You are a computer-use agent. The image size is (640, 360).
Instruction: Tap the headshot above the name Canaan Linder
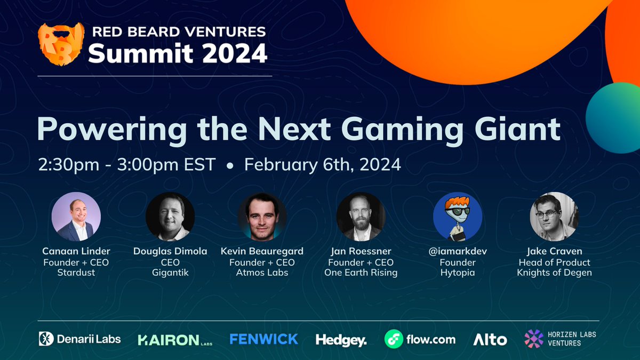pyautogui.click(x=76, y=217)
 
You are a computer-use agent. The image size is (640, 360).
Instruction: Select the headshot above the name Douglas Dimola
pyautogui.click(x=170, y=217)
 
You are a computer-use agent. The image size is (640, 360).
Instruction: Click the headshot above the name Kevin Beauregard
pyautogui.click(x=262, y=217)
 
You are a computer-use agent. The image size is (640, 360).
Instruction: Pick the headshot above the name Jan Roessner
pyautogui.click(x=361, y=217)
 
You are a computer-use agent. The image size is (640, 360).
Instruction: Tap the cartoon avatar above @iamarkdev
pyautogui.click(x=458, y=217)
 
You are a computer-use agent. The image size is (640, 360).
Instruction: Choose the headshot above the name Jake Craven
pyautogui.click(x=554, y=217)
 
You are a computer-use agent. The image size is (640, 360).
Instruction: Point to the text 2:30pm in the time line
pyautogui.click(x=68, y=164)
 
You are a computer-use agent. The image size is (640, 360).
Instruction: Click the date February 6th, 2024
pyautogui.click(x=323, y=164)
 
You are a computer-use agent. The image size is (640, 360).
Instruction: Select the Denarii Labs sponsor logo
pyautogui.click(x=80, y=339)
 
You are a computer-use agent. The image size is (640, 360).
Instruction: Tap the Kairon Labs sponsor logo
pyautogui.click(x=175, y=339)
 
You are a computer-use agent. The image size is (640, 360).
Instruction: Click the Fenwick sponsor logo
pyautogui.click(x=263, y=339)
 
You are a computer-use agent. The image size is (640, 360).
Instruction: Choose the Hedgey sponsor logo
pyautogui.click(x=341, y=340)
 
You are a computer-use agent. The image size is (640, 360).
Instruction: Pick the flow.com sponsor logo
pyautogui.click(x=420, y=339)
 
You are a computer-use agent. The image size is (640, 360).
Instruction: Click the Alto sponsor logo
pyautogui.click(x=490, y=339)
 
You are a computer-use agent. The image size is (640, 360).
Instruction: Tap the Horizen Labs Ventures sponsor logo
pyautogui.click(x=560, y=339)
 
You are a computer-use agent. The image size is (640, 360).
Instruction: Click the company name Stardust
pyautogui.click(x=76, y=273)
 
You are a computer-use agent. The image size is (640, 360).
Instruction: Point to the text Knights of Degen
pyautogui.click(x=554, y=273)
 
